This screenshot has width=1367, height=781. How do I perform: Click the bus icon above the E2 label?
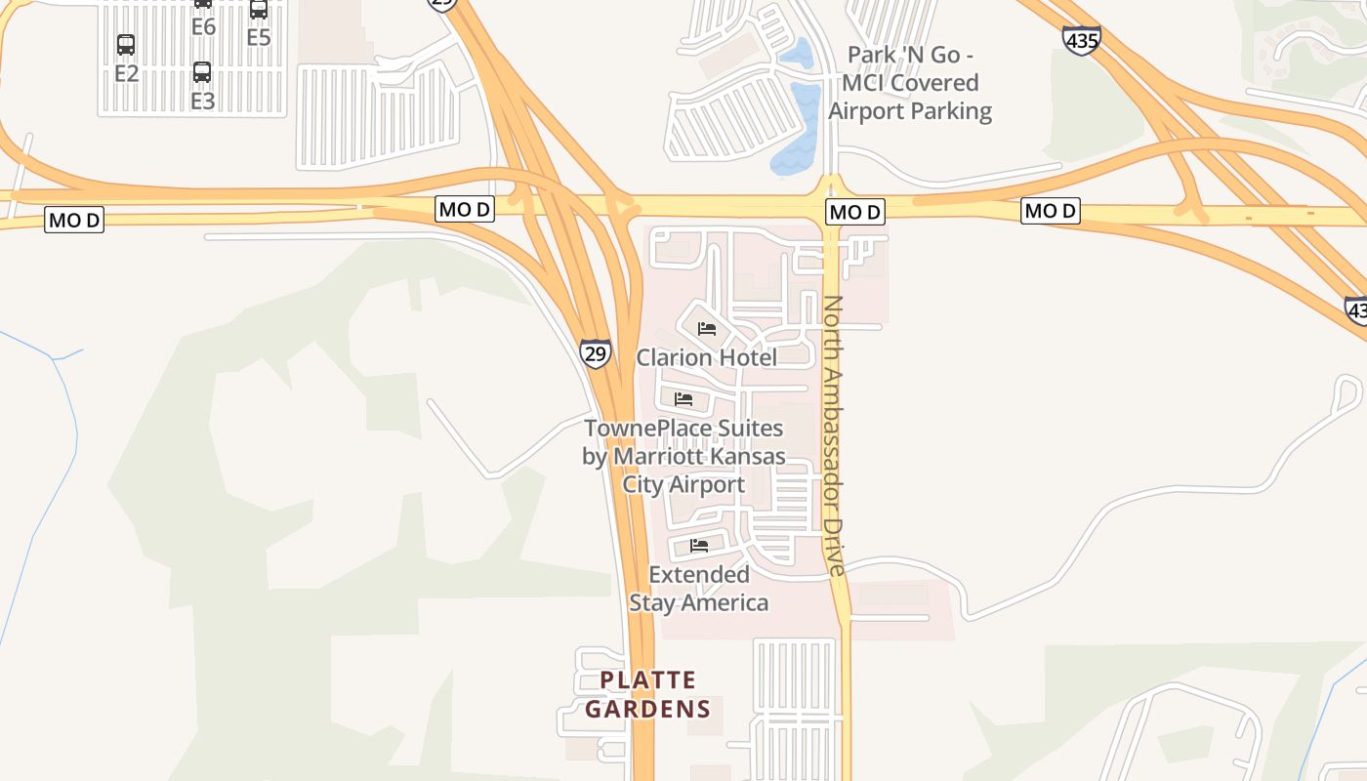tap(126, 45)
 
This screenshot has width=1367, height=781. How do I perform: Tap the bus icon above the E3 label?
tap(202, 72)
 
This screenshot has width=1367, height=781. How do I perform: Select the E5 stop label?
tap(258, 38)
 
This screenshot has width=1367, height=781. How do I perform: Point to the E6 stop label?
tap(203, 27)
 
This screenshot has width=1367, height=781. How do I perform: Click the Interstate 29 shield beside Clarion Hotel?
tap(595, 352)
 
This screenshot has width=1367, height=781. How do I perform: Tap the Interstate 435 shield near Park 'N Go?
tap(1082, 40)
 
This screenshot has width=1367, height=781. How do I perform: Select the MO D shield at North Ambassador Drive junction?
tap(854, 212)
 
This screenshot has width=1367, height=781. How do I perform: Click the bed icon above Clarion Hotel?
tap(707, 329)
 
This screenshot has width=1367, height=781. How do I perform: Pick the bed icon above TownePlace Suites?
tap(683, 399)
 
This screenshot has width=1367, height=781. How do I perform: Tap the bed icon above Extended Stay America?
tap(699, 546)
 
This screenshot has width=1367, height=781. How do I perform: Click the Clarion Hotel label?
tap(707, 357)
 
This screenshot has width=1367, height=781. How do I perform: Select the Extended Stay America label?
tap(699, 589)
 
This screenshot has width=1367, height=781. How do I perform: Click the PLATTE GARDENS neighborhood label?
tap(648, 694)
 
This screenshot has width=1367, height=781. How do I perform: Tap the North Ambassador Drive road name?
tap(833, 434)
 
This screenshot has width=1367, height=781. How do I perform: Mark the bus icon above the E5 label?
tap(259, 10)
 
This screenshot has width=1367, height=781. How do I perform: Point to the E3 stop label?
tap(202, 101)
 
